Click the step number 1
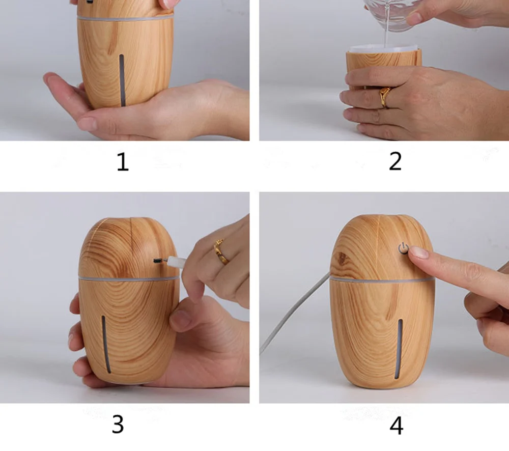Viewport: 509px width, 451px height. tap(123, 162)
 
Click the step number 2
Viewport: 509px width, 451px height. tap(395, 161)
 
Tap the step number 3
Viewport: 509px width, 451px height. tap(118, 424)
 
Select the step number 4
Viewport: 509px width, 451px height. tap(397, 426)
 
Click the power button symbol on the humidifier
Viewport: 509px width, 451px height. tap(403, 248)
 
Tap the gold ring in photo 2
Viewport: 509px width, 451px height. tap(385, 97)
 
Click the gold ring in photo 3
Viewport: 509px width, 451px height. tap(222, 251)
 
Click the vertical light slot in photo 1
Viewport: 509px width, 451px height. tap(122, 80)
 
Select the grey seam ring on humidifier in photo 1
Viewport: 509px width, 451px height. tap(125, 18)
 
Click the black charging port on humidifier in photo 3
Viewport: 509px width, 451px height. tap(158, 261)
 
